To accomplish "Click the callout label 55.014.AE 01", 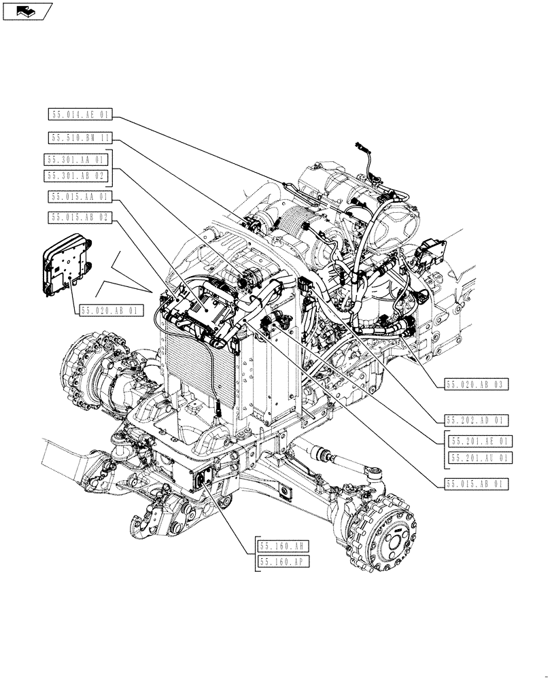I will point(80,114).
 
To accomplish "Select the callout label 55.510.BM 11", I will point(80,137).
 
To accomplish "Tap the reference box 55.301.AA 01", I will point(76,160).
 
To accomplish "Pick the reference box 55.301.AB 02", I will point(76,175).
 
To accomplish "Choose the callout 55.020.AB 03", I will point(478,385).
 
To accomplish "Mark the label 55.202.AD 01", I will point(478,420).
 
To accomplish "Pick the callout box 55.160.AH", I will point(284,545).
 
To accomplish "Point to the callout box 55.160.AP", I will point(284,562).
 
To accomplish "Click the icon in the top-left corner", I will point(27,11).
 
